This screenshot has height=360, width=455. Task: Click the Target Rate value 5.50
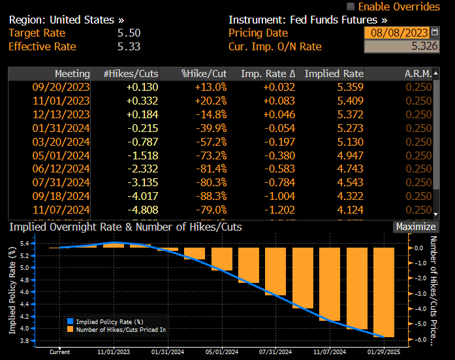129,33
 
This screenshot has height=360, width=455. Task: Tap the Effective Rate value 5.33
129,46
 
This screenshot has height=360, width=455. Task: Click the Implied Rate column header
334,74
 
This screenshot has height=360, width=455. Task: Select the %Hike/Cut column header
204,74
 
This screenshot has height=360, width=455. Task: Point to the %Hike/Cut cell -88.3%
211,197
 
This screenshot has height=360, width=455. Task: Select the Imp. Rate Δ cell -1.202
279,210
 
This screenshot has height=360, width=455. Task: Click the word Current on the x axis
60,352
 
